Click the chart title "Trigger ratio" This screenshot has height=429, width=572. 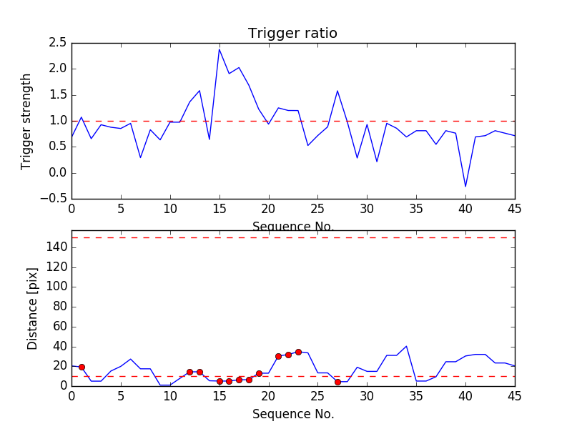292,34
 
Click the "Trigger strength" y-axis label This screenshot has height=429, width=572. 26,121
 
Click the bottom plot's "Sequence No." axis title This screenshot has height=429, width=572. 292,414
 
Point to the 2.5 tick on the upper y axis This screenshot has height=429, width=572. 57,43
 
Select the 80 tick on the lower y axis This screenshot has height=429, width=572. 59,307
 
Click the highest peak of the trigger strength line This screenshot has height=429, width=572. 220,49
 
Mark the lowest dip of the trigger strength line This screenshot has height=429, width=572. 465,187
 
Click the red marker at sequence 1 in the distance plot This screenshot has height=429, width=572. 82,367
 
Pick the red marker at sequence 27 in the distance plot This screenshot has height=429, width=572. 337,382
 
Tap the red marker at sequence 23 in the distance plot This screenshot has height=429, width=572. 298,352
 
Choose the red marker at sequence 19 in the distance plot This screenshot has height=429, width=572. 259,373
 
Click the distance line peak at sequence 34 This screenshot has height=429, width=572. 406,347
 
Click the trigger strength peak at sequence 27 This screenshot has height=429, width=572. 337,91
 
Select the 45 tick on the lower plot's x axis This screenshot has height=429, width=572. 514,396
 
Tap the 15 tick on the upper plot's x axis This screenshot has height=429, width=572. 220,209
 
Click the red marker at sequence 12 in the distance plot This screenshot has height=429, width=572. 189,372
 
